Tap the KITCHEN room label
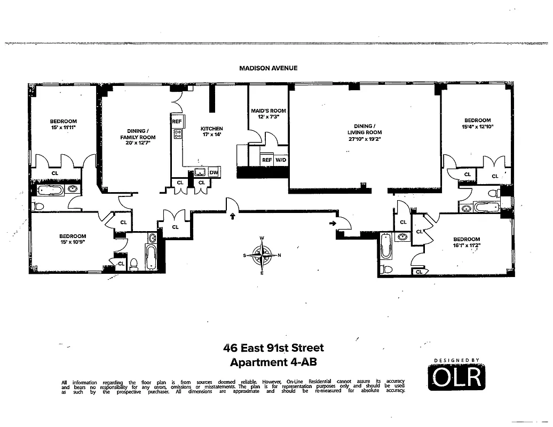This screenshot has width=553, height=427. pyautogui.click(x=211, y=129)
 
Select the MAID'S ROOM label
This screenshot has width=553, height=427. pyautogui.click(x=268, y=111)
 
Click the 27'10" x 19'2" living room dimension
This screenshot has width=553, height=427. pyautogui.click(x=366, y=139)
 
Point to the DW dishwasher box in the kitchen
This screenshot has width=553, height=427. pyautogui.click(x=214, y=172)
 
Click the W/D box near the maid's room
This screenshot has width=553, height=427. pyautogui.click(x=281, y=160)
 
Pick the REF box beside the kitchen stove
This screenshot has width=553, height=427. pyautogui.click(x=177, y=122)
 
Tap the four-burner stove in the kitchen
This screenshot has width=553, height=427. pyautogui.click(x=177, y=135)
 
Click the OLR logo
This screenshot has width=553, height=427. pyautogui.click(x=457, y=377)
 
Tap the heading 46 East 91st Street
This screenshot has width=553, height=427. pyautogui.click(x=273, y=349)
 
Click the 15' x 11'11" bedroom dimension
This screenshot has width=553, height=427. pyautogui.click(x=64, y=128)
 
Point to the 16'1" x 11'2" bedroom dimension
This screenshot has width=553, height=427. pyautogui.click(x=467, y=246)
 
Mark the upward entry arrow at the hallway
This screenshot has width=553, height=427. pyautogui.click(x=232, y=216)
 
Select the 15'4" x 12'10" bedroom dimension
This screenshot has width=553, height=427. pyautogui.click(x=477, y=127)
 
